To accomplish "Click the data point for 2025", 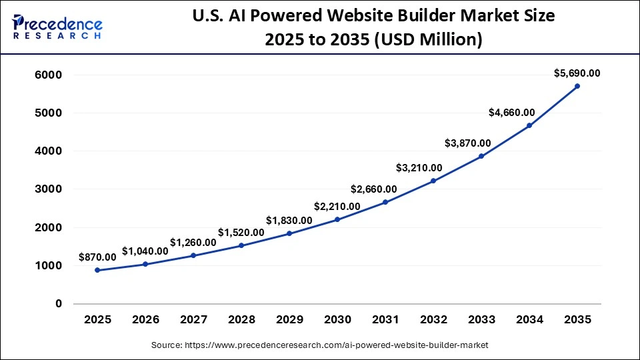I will tap(97, 270).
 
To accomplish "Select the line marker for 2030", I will tap(337, 219).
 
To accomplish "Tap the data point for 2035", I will tap(577, 86).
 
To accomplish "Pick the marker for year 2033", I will tap(481, 156).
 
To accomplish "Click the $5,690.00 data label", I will tap(577, 73).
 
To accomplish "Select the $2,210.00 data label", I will tap(337, 206).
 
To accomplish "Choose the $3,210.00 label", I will tap(419, 167).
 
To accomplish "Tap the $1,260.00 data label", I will tap(193, 242).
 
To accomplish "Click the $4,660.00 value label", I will tap(512, 112).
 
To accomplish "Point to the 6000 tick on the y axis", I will tap(48, 75).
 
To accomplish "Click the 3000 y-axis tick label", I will tap(48, 189).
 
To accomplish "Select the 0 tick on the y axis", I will tap(58, 304).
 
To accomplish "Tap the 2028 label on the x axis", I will tap(241, 320).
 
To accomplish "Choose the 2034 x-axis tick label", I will tap(529, 320).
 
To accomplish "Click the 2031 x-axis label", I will tap(385, 320).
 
